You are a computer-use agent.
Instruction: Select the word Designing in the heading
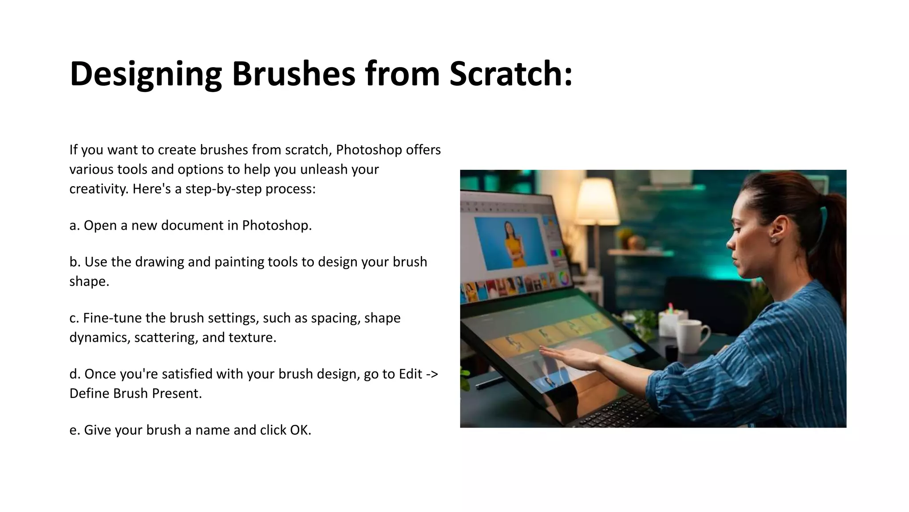click(146, 74)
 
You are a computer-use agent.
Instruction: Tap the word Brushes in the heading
click(293, 73)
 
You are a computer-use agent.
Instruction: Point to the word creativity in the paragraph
click(99, 189)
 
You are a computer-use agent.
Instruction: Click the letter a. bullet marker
click(75, 225)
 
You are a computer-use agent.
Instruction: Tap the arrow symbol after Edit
click(432, 374)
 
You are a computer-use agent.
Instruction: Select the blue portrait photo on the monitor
click(508, 242)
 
